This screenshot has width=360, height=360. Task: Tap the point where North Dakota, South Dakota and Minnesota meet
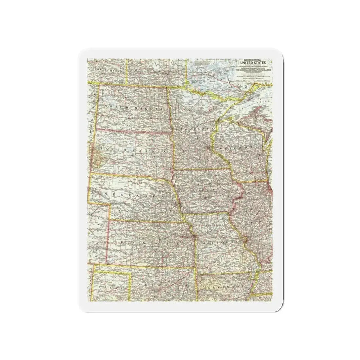click(172, 134)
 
